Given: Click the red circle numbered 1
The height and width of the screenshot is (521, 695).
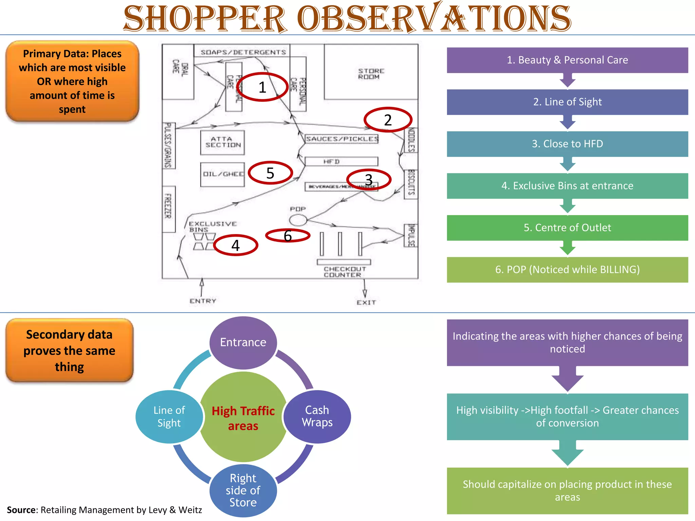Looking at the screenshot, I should point(262,87).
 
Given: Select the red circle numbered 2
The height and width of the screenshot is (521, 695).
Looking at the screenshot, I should point(388,120).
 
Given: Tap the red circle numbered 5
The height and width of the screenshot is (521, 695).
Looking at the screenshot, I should point(270,173).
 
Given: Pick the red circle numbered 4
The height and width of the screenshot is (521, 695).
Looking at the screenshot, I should point(236,245).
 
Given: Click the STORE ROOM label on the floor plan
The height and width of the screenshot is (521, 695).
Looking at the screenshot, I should point(371,74).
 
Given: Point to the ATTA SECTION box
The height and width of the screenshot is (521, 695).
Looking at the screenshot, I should point(223,142).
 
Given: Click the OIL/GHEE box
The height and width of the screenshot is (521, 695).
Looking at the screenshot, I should point(223,174).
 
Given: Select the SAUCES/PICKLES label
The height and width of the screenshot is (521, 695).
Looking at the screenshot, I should point(342,139).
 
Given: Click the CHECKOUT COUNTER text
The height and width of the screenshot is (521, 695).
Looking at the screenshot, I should point(344,272).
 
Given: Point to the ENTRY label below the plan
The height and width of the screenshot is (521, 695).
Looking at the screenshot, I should point(203,301).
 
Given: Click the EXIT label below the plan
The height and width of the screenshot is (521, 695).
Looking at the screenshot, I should point(366,302).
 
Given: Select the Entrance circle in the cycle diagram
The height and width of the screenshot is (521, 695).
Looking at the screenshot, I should point(243,342).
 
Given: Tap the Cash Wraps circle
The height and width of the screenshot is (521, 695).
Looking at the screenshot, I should point(317,416).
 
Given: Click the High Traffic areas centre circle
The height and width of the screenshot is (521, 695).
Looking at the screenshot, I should point(243,418).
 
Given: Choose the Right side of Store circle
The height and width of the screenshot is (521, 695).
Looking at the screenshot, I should point(243,490).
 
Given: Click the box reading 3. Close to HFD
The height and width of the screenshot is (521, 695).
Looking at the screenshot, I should point(567,144).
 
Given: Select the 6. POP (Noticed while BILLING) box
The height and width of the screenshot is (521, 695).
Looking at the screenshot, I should point(567,270).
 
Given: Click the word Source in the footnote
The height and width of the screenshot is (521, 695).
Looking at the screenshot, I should point(21,510).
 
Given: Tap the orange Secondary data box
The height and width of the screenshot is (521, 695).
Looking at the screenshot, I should point(70,350).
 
